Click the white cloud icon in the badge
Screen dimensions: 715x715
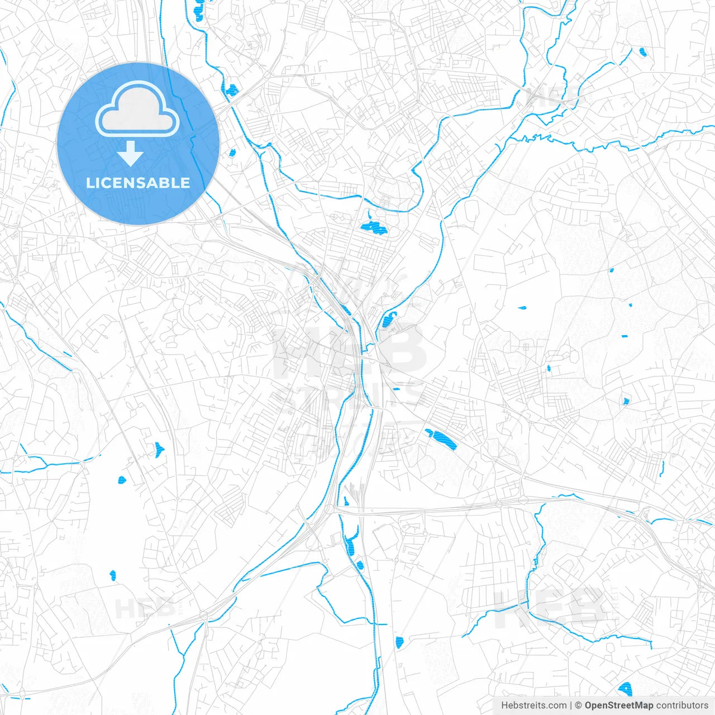(137, 109)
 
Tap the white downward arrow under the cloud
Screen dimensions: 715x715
(131, 154)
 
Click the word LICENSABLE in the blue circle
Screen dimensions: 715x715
(137, 183)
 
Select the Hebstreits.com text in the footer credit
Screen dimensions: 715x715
(533, 706)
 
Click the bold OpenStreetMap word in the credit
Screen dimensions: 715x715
(618, 706)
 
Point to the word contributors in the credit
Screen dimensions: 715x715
(682, 706)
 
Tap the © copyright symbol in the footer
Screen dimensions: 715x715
(578, 706)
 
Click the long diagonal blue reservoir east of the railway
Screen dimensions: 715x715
(441, 438)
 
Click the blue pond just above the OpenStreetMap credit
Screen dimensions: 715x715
(625, 688)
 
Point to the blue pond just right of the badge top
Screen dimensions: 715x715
(231, 89)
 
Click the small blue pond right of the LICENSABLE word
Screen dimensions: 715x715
(232, 152)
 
